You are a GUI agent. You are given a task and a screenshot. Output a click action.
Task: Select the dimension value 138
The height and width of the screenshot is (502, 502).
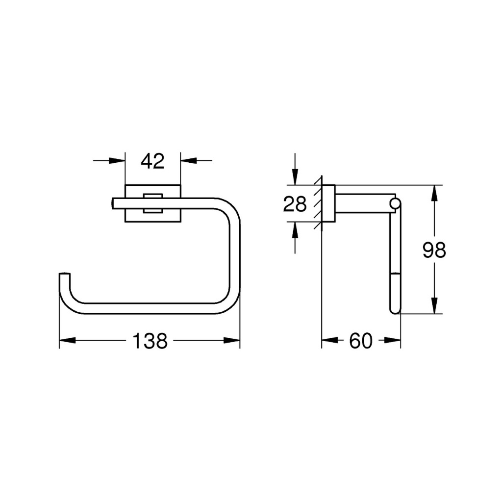tap(150, 341)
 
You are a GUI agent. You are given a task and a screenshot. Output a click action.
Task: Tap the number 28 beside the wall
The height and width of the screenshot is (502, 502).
tap(295, 204)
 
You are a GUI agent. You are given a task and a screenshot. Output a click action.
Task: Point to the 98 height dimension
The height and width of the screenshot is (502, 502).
tap(434, 251)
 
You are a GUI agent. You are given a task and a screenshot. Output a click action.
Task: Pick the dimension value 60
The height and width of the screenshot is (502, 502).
tap(361, 341)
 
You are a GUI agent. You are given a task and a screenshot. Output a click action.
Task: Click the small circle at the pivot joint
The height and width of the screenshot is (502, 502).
tap(395, 203)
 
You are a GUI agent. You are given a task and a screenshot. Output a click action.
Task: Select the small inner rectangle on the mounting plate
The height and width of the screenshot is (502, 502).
tap(153, 203)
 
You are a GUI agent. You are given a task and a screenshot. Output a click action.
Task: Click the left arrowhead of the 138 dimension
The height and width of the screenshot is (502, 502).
tap(68, 340)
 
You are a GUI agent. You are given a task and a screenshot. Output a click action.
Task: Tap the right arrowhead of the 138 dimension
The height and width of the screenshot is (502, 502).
tap(231, 340)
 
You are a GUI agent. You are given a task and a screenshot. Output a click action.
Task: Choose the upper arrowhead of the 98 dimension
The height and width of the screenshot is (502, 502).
tap(434, 193)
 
